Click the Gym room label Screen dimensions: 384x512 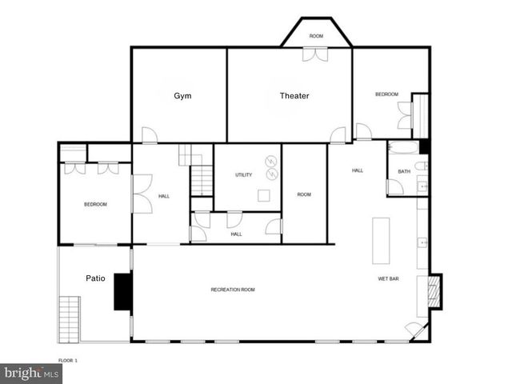pyautogui.click(x=182, y=96)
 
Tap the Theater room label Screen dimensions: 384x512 pyautogui.click(x=294, y=96)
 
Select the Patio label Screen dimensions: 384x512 pyautogui.click(x=95, y=278)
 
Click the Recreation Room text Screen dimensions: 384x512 pyautogui.click(x=233, y=289)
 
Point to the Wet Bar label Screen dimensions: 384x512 pyautogui.click(x=389, y=279)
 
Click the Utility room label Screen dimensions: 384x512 pyautogui.click(x=243, y=174)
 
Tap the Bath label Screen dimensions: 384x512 pyautogui.click(x=404, y=171)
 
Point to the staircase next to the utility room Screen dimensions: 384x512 pyautogui.click(x=201, y=176)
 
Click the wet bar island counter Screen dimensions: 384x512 pyautogui.click(x=379, y=240)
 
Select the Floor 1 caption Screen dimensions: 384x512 pyautogui.click(x=69, y=361)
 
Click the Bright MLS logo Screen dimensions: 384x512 pyautogui.click(x=30, y=374)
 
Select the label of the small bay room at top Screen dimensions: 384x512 pyautogui.click(x=316, y=36)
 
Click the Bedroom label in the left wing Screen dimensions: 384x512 pyautogui.click(x=95, y=205)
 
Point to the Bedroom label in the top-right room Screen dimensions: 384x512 pyautogui.click(x=386, y=94)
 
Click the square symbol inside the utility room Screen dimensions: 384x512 pyautogui.click(x=264, y=195)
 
